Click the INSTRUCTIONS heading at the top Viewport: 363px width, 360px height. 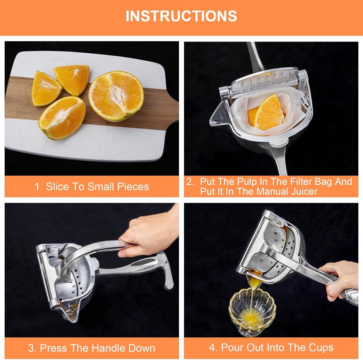pyautogui.click(x=181, y=16)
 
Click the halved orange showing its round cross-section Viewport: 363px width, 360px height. pyautogui.click(x=116, y=96)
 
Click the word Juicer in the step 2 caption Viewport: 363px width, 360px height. pyautogui.click(x=303, y=192)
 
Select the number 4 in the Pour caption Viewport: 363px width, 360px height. pyautogui.click(x=212, y=348)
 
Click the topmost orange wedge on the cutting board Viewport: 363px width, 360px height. pyautogui.click(x=72, y=80)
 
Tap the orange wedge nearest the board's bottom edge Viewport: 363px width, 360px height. pyautogui.click(x=62, y=118)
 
